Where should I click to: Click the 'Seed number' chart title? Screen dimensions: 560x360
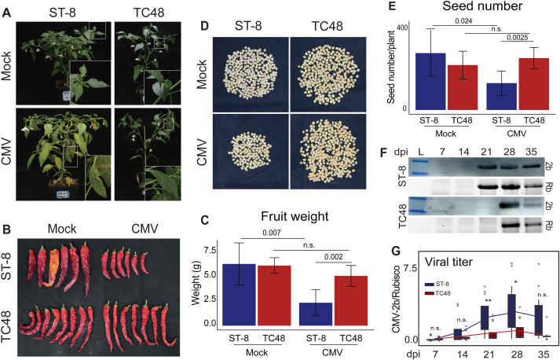pyautogui.click(x=482, y=6)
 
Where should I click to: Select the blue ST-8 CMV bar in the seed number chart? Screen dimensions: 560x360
pyautogui.click(x=501, y=97)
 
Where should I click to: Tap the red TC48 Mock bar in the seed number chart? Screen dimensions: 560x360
pyautogui.click(x=463, y=87)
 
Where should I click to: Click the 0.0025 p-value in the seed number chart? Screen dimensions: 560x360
pyautogui.click(x=518, y=37)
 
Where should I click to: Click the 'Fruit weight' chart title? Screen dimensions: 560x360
pyautogui.click(x=295, y=216)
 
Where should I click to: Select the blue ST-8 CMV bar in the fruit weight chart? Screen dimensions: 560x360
pyautogui.click(x=316, y=314)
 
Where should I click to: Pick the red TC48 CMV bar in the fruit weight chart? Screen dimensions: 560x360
pyautogui.click(x=351, y=301)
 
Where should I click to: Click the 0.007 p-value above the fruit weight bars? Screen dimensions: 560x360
pyautogui.click(x=272, y=233)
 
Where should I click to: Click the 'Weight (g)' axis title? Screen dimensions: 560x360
pyautogui.click(x=196, y=283)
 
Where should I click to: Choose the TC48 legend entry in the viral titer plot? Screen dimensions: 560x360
pyautogui.click(x=438, y=293)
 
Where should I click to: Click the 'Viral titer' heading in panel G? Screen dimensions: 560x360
pyautogui.click(x=448, y=262)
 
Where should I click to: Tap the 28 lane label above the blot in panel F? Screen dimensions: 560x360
pyautogui.click(x=509, y=152)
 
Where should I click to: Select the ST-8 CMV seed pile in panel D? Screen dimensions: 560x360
pyautogui.click(x=250, y=151)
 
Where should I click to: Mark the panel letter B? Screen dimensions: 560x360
pyautogui.click(x=7, y=230)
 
